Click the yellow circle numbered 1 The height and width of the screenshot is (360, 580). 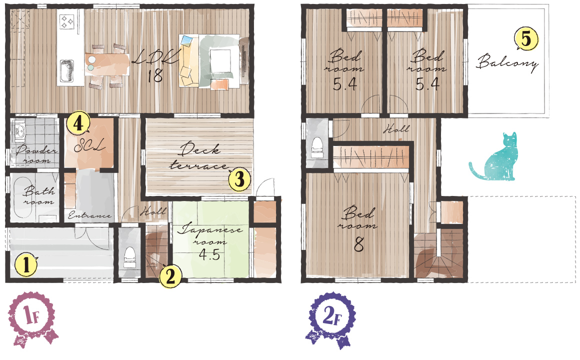click(26, 265)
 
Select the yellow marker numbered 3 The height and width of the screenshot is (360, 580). click(239, 179)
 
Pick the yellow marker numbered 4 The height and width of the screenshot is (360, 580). click(78, 123)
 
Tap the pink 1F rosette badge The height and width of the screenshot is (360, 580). click(33, 319)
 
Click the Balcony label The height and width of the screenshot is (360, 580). click(507, 62)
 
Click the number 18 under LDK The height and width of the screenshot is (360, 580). click(155, 75)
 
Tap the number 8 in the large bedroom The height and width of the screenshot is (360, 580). click(358, 244)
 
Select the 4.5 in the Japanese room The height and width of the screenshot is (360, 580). click(209, 254)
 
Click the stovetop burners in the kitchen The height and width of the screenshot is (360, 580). click(67, 21)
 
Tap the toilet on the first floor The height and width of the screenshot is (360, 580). click(129, 257)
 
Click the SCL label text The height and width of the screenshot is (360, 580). click(89, 145)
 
